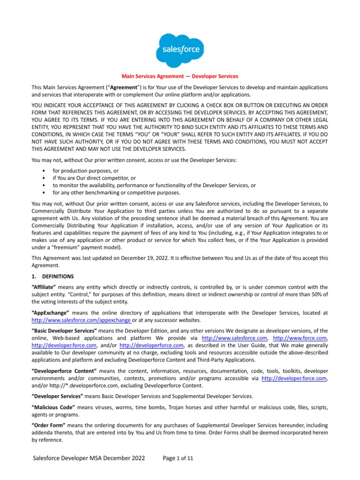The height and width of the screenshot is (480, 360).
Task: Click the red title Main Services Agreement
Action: (x=180, y=76)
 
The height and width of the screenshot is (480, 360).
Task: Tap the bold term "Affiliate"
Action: (x=44, y=286)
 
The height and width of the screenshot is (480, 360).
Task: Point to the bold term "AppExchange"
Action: (x=50, y=312)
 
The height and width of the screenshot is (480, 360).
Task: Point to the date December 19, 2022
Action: (x=145, y=258)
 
